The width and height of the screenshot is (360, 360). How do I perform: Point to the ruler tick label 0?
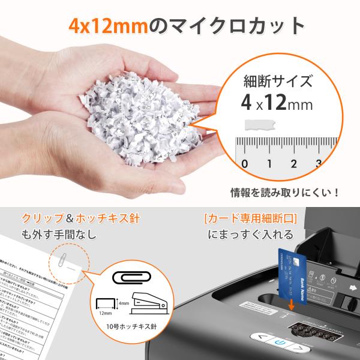tap(244, 164)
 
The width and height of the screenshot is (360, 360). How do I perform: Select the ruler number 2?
tap(293, 164)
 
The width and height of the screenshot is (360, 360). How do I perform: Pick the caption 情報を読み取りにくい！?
tap(286, 193)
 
